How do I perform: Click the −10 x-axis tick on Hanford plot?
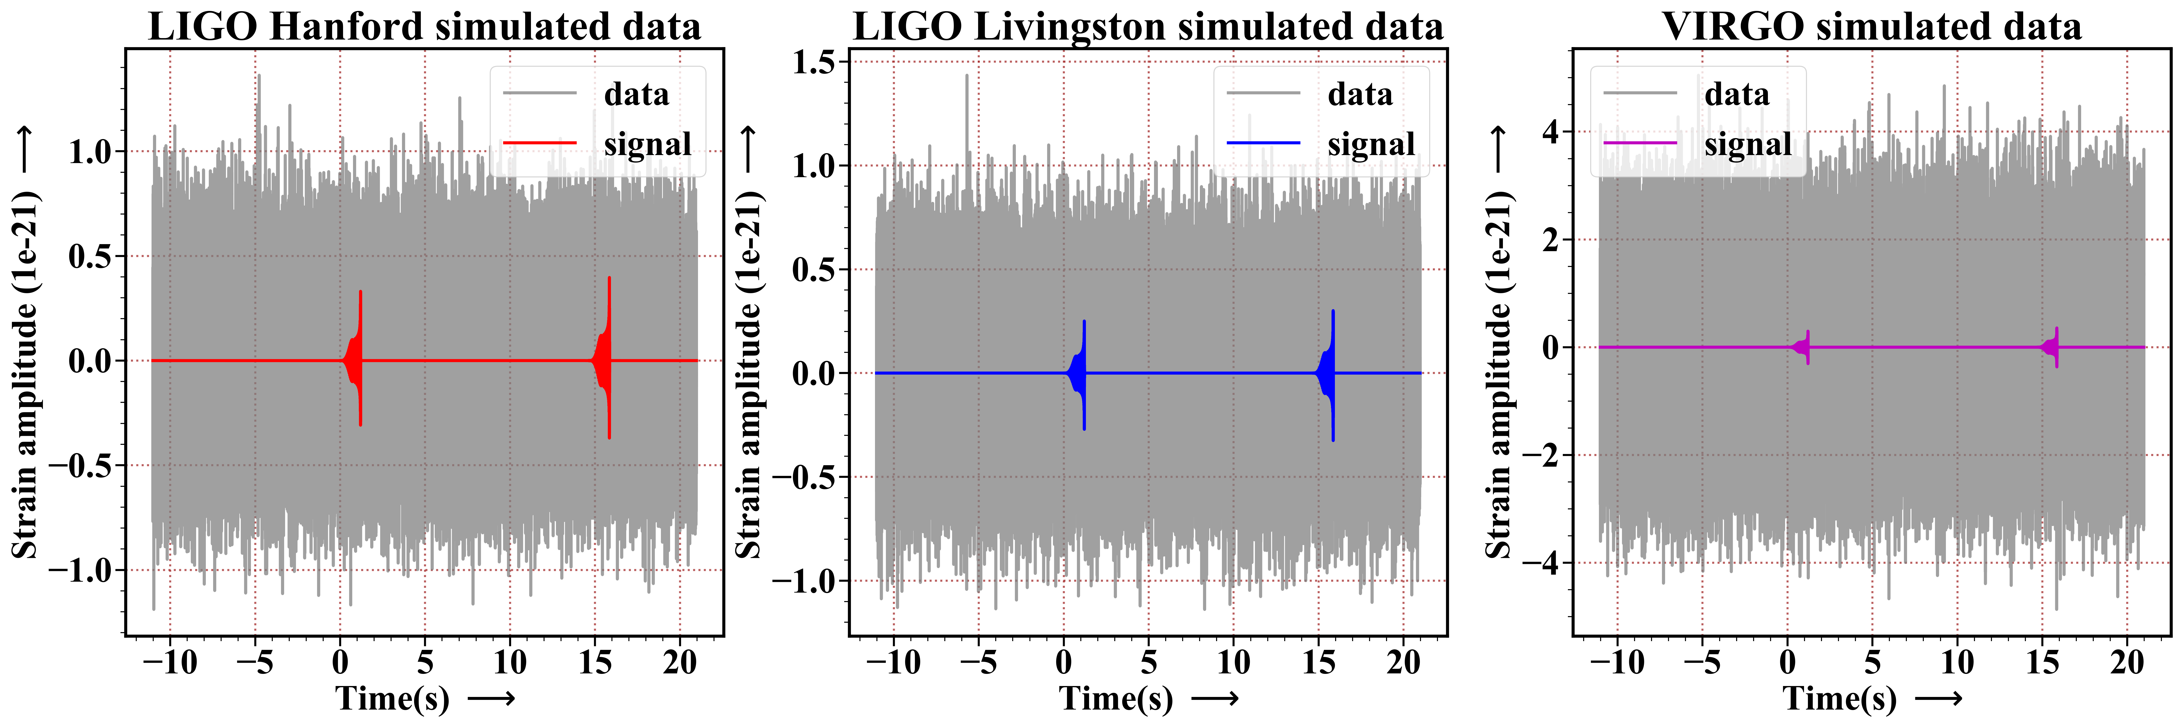[170, 661]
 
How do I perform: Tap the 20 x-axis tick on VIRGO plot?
[2127, 661]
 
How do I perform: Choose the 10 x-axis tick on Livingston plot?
[1233, 661]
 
